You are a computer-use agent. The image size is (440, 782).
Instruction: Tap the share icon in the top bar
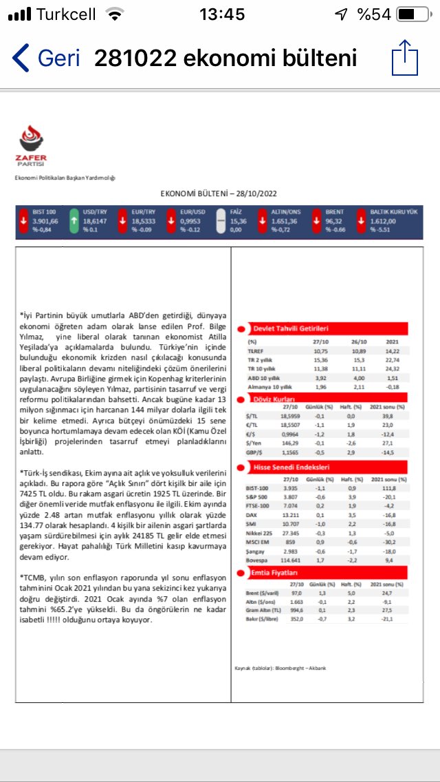[x=404, y=58]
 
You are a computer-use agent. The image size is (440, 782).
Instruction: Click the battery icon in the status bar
[x=416, y=14]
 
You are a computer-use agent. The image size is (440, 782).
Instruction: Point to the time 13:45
[x=221, y=14]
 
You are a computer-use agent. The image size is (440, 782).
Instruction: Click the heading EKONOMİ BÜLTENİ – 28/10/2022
[x=219, y=195]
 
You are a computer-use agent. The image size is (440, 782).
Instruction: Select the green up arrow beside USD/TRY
[x=74, y=222]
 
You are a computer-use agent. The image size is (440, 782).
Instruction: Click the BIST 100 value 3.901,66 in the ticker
[x=45, y=222]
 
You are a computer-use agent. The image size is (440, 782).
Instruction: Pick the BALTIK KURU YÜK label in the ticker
[x=393, y=213]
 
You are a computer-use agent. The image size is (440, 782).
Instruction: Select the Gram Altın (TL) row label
[x=264, y=609]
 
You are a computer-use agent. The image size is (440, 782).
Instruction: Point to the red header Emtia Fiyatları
[x=275, y=572]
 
